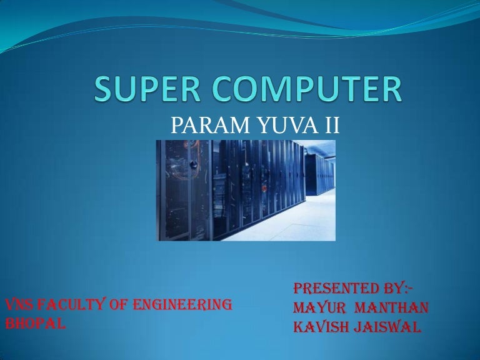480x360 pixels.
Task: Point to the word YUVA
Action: click(x=287, y=126)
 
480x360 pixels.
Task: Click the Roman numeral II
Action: click(x=332, y=126)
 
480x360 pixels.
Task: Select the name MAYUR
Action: click(x=319, y=307)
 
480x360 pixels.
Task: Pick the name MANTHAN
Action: click(x=391, y=307)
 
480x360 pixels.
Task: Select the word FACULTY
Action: click(x=72, y=304)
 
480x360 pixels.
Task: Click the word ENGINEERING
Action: click(x=182, y=304)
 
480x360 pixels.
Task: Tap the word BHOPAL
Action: click(x=36, y=324)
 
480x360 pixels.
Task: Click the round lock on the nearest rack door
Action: click(x=193, y=164)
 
